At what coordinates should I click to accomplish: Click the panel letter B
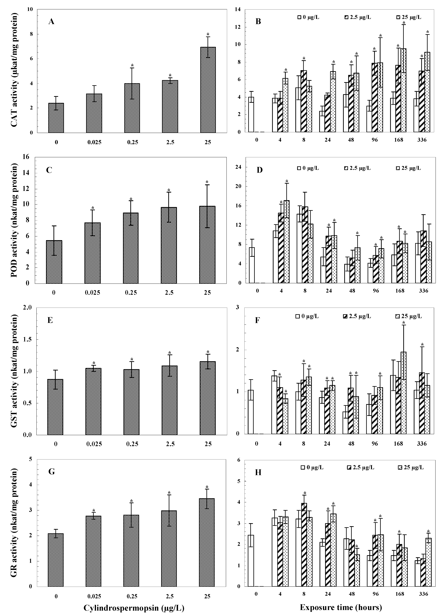258,21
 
